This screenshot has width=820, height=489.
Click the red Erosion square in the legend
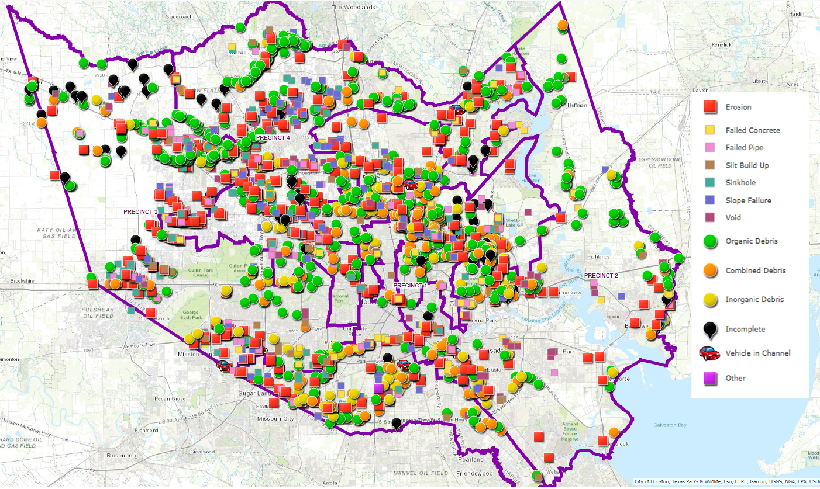point(710,107)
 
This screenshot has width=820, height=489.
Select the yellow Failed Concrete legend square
point(710,130)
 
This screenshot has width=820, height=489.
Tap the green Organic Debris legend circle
point(710,241)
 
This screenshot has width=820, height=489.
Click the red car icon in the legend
point(709,353)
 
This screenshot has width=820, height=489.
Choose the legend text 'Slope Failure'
point(748,200)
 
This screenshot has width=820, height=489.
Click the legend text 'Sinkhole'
point(740,183)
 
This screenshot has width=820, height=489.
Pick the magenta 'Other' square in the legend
point(710,378)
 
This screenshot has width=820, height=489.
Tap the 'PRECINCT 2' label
point(601,275)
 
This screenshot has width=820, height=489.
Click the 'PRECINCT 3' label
point(140,211)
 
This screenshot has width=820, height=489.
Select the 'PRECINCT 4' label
point(273,138)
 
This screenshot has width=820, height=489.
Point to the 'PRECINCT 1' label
point(410,285)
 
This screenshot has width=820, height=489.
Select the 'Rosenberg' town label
point(122,455)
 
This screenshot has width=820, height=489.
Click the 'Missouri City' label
point(275,419)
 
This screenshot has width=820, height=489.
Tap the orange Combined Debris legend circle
point(710,270)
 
